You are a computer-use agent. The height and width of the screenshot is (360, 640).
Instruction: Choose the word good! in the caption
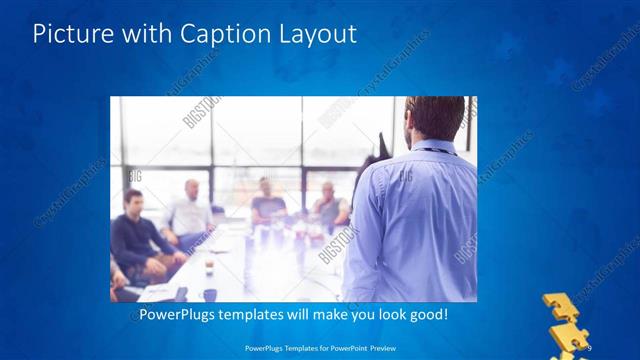[x=426, y=315]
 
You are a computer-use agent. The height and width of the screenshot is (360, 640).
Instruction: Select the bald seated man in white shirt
[x=190, y=212]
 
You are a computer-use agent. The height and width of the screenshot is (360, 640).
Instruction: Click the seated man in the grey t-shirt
[x=267, y=199]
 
